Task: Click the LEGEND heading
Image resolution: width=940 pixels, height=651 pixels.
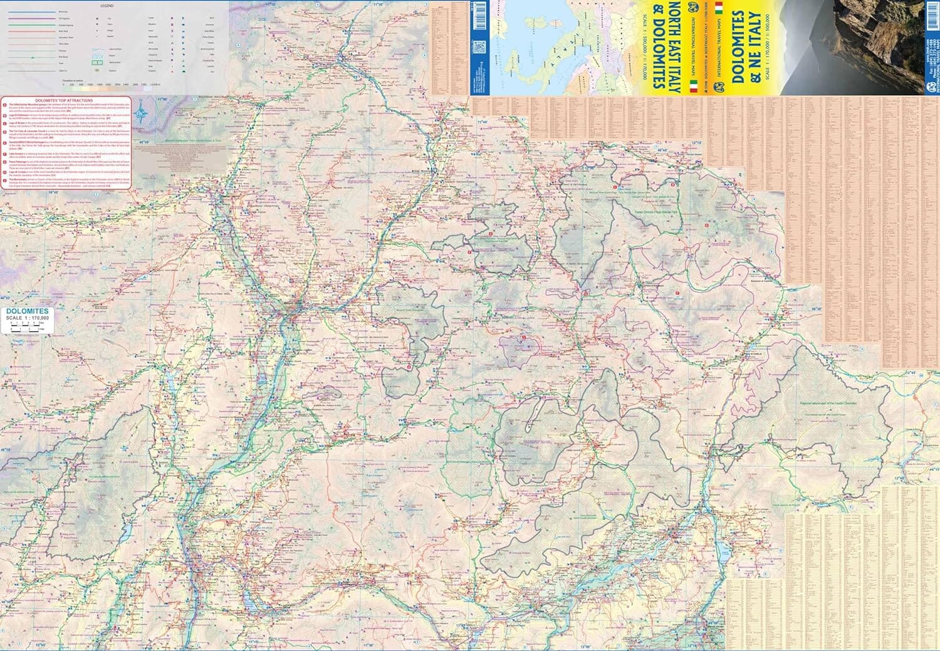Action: [x=107, y=6]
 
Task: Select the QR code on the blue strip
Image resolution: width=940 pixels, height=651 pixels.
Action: [x=480, y=48]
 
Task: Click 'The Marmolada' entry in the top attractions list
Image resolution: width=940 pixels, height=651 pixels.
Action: [x=63, y=179]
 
